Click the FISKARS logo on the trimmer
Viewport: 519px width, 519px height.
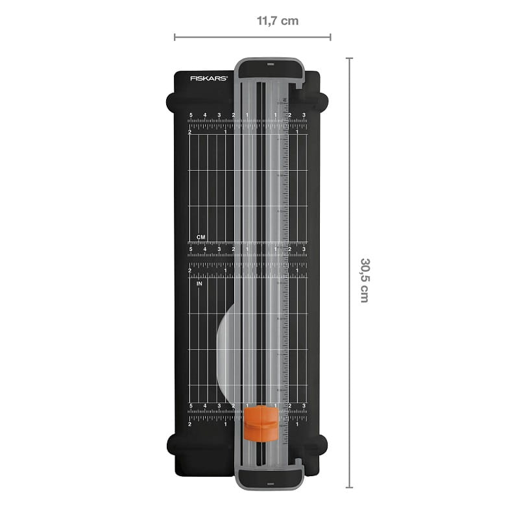(208, 78)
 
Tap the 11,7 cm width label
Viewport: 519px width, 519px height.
(278, 21)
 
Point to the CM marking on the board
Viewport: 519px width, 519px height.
(201, 237)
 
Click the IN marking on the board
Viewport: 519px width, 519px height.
(200, 284)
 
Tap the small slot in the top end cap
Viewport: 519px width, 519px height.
(270, 65)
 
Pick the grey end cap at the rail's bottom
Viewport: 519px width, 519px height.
(270, 477)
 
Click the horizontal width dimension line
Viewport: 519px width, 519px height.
(252, 37)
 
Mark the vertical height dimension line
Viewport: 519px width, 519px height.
(349, 272)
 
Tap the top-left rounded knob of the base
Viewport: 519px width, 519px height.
(172, 101)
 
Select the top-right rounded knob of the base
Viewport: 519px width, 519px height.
(321, 101)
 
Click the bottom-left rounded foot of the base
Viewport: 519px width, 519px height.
(172, 444)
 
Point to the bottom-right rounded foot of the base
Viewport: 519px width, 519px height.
(321, 444)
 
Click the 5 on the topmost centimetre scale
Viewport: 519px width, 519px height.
(191, 115)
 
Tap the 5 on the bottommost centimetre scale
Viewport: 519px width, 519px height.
(191, 406)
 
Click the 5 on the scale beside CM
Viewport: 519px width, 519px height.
(191, 249)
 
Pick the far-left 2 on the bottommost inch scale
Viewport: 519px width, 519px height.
(189, 424)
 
